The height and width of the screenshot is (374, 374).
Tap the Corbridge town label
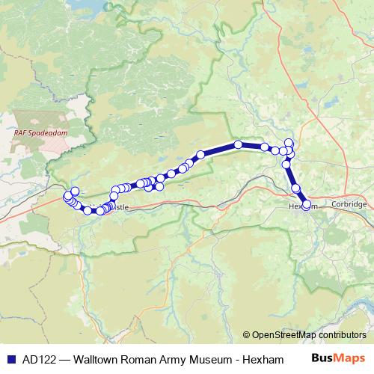(350, 204)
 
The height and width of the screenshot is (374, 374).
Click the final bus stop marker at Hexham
(306, 204)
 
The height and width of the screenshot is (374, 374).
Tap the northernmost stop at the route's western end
(75, 191)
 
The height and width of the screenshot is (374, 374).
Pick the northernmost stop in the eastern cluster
(289, 143)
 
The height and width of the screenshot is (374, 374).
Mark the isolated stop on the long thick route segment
(238, 144)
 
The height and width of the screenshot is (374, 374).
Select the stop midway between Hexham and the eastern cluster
(295, 188)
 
